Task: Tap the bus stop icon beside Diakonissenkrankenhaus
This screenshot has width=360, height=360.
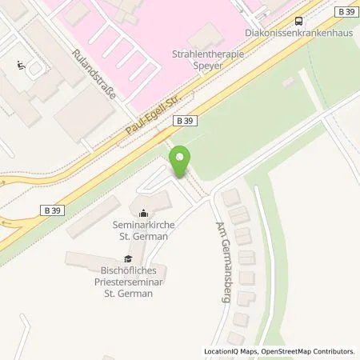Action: click(x=298, y=22)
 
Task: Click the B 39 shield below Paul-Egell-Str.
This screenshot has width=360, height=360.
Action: click(x=182, y=119)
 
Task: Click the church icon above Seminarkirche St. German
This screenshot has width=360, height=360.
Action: click(x=142, y=213)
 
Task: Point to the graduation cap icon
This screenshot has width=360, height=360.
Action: click(x=126, y=258)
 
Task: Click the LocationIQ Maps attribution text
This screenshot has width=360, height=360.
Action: click(x=230, y=351)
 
